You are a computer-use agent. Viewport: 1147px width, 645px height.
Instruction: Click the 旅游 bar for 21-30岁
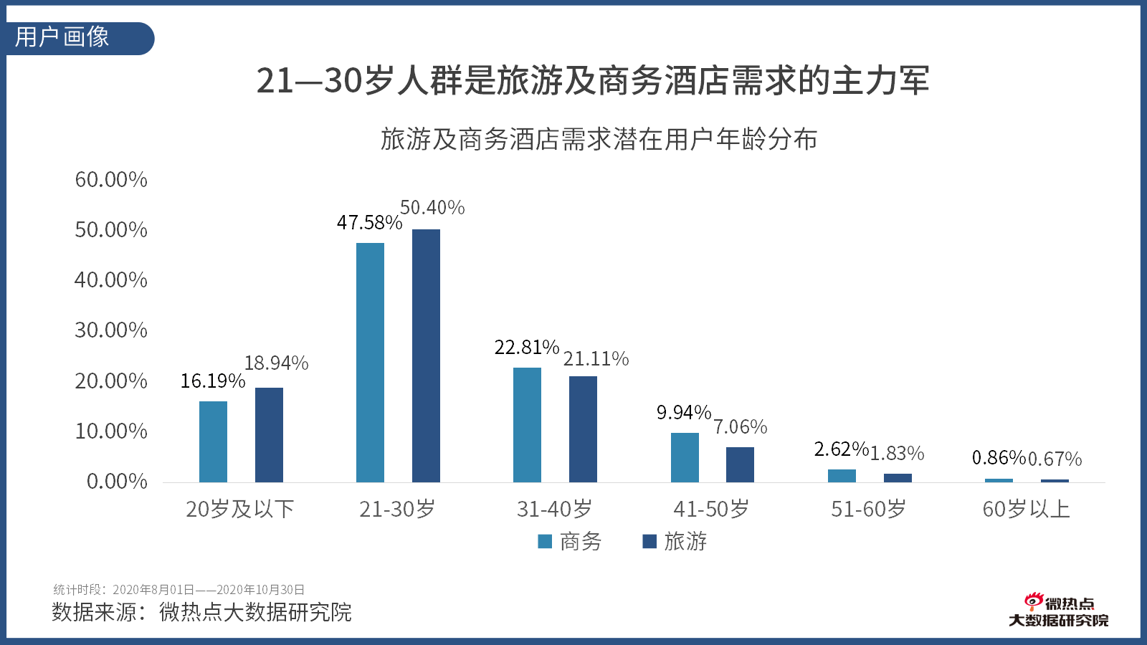426,355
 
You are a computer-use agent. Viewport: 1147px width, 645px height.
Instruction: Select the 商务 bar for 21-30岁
370,363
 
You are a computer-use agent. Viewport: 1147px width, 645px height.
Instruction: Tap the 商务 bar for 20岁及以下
213,441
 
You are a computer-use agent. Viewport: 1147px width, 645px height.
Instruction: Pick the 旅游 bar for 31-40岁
583,429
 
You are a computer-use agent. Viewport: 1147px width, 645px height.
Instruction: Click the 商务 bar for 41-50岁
685,457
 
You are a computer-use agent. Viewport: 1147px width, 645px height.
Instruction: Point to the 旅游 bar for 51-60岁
898,478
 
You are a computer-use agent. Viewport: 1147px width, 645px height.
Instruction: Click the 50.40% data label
432,208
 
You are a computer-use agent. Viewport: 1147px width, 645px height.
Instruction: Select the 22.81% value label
526,348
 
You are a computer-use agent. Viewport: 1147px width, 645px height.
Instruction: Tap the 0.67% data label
1055,459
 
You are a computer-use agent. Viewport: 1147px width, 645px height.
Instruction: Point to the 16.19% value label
212,381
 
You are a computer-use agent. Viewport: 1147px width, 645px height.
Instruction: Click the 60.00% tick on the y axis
111,180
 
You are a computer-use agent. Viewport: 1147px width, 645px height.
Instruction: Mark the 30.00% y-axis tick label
111,330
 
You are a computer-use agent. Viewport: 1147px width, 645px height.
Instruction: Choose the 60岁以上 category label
1026,510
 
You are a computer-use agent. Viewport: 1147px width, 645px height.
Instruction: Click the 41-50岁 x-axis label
711,510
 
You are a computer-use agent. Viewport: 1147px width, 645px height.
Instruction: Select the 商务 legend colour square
545,542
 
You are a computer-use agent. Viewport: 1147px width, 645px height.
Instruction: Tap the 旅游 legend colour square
649,542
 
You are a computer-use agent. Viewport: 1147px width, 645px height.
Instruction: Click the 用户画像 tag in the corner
63,37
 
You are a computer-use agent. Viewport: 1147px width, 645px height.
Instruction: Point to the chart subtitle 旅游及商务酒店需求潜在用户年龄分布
599,139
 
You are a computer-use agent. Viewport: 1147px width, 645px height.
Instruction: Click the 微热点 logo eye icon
1033,601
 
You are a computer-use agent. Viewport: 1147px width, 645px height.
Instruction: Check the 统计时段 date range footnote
179,590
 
